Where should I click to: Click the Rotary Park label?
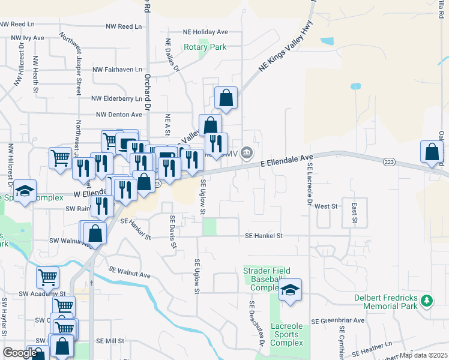click(205, 47)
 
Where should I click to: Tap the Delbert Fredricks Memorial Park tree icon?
click(427, 299)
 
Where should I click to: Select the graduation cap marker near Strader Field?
click(291, 290)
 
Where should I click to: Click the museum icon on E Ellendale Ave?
click(247, 154)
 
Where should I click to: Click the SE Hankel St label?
click(264, 236)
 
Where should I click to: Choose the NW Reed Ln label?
click(124, 27)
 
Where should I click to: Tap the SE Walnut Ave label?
click(129, 272)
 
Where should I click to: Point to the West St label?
click(326, 206)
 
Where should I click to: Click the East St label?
click(354, 214)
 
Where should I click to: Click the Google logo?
click(20, 353)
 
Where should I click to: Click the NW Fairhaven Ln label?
click(117, 70)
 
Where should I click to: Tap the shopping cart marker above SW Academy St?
click(47, 277)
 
